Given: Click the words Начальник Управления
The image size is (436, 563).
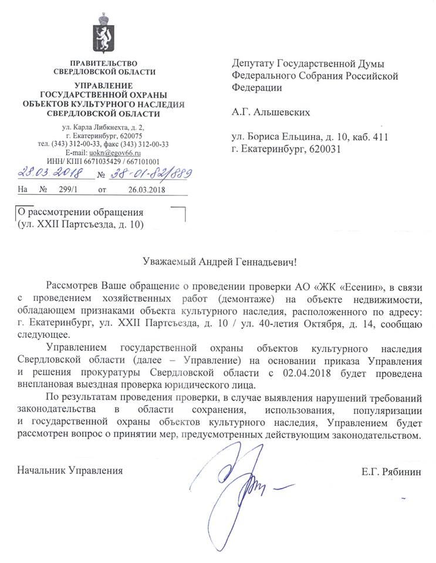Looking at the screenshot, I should [70, 470].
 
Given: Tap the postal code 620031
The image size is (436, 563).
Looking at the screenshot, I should [323, 149].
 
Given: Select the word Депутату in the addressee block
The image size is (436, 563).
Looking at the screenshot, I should [253, 63].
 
